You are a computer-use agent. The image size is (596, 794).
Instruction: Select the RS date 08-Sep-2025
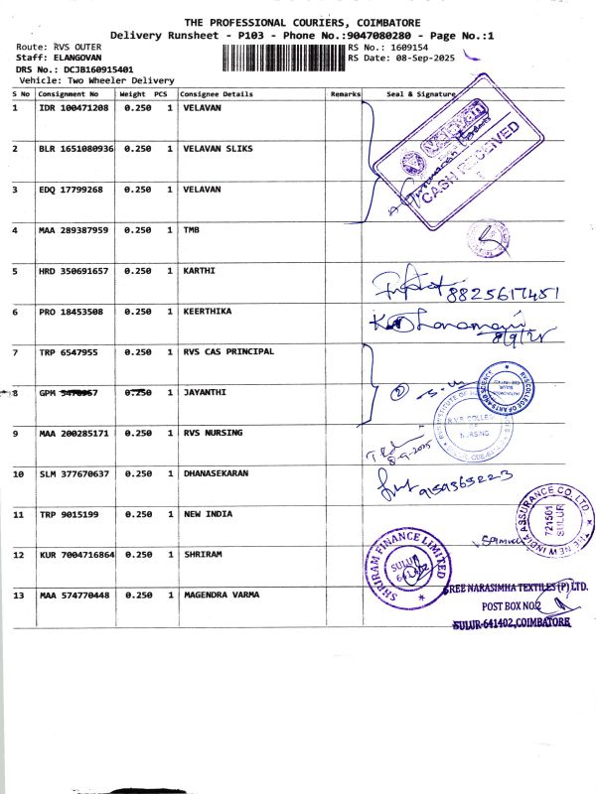(x=416, y=59)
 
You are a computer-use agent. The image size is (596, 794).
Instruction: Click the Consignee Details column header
(x=217, y=95)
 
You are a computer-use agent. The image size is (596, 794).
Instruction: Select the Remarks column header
(x=344, y=95)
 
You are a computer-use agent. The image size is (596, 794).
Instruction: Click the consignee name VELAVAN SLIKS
(x=219, y=148)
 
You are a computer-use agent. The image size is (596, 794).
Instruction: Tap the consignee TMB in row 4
(x=192, y=230)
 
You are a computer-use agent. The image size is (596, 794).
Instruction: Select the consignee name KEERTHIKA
(x=208, y=312)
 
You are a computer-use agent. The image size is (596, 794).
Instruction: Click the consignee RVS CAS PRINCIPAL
(x=228, y=352)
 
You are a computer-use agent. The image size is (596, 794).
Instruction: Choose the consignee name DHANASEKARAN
(x=216, y=474)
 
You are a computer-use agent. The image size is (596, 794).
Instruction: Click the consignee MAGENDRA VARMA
(x=222, y=595)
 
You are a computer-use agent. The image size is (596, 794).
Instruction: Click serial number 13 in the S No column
(x=16, y=595)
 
